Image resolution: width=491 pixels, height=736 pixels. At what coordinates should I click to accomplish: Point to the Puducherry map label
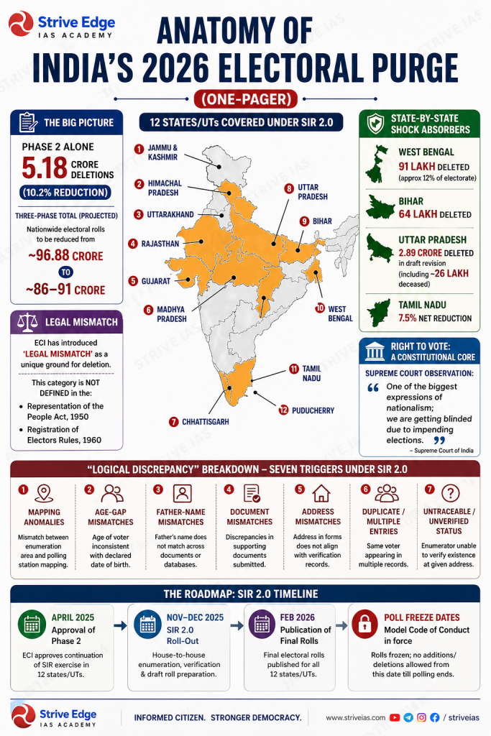(312, 410)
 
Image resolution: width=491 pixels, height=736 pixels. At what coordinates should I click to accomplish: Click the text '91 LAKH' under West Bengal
(418, 166)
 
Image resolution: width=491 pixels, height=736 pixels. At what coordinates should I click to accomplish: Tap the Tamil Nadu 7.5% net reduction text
(436, 318)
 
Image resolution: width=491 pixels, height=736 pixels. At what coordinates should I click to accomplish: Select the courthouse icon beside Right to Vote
(375, 352)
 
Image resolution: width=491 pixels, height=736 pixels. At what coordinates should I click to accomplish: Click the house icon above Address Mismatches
(318, 493)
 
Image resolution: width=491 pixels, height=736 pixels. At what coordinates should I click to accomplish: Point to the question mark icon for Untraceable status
(450, 493)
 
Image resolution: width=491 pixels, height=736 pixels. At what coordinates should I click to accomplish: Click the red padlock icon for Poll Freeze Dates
(365, 623)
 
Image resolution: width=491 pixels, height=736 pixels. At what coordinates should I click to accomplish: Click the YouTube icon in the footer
(395, 717)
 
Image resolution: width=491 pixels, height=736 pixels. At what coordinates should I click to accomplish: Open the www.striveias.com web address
(354, 717)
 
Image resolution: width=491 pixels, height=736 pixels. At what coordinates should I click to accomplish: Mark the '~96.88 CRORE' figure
(65, 256)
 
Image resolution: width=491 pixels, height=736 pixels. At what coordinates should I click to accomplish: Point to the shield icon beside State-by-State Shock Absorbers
(375, 124)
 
